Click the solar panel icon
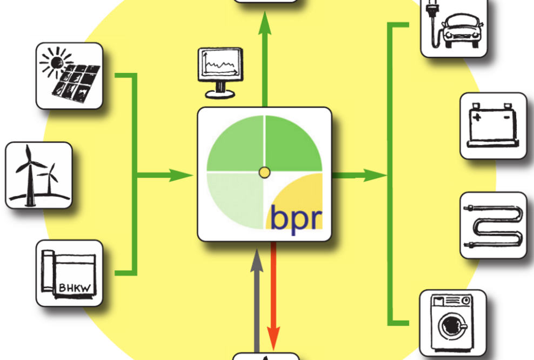(69, 76)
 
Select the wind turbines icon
(38, 175)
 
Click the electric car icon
(454, 28)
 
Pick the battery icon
(493, 126)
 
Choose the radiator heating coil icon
(493, 225)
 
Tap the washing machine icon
(453, 323)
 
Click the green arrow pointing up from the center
(265, 54)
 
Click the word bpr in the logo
(296, 217)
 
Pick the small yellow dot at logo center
(264, 172)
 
